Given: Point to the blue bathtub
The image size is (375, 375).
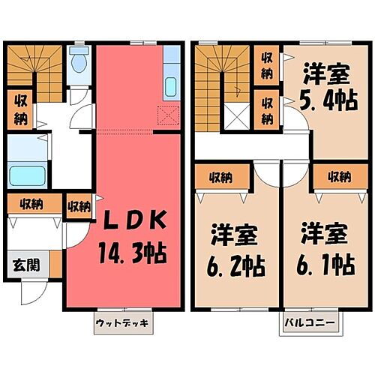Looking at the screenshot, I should coord(27,177).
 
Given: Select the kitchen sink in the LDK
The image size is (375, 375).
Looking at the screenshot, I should coord(171,86).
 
